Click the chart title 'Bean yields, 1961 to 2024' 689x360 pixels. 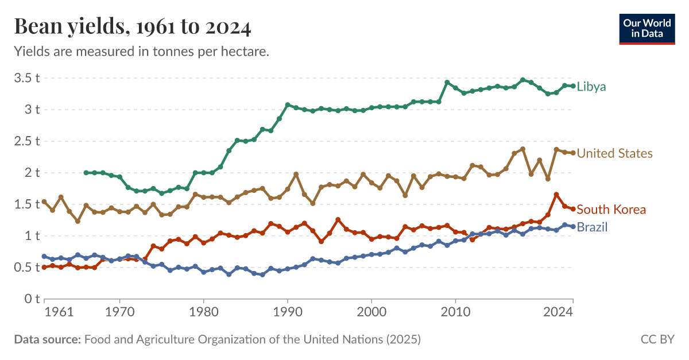pyautogui.click(x=132, y=26)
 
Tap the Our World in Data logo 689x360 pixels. pyautogui.click(x=647, y=27)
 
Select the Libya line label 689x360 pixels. pyautogui.click(x=591, y=87)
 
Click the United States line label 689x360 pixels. pyautogui.click(x=614, y=153)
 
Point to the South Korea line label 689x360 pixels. pyautogui.click(x=611, y=210)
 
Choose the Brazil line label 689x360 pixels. pyautogui.click(x=592, y=227)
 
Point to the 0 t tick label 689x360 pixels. pyautogui.click(x=30, y=299)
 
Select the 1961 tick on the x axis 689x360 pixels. pyautogui.click(x=59, y=313)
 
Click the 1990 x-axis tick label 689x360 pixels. pyautogui.click(x=288, y=313)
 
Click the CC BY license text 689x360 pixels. pyautogui.click(x=657, y=340)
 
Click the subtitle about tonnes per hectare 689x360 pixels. pyautogui.click(x=141, y=52)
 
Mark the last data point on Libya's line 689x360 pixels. pyautogui.click(x=573, y=86)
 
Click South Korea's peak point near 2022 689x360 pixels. pyautogui.click(x=556, y=195)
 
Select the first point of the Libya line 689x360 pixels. pyautogui.click(x=86, y=173)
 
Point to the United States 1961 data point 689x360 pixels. pyautogui.click(x=44, y=202)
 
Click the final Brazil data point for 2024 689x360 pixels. pyautogui.click(x=573, y=226)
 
